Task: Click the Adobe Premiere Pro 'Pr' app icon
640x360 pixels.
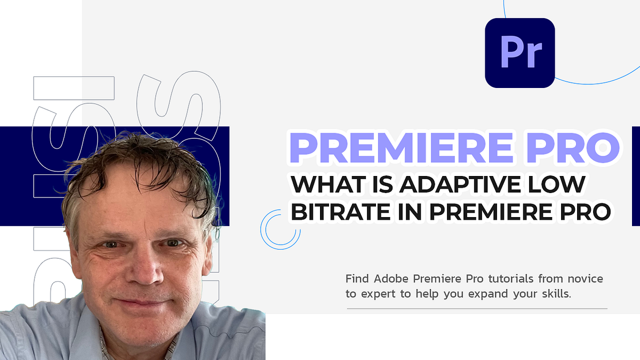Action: coord(519,53)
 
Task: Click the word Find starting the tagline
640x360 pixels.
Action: coord(357,278)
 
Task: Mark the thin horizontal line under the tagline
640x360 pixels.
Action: coord(477,309)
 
